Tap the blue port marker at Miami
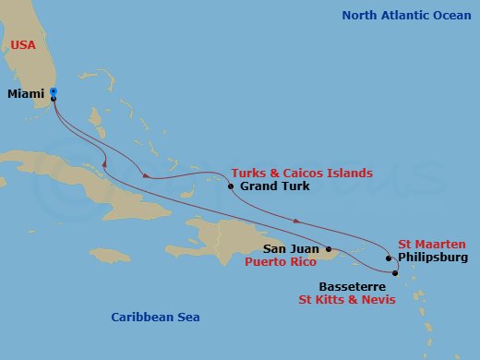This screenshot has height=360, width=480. coord(54,91)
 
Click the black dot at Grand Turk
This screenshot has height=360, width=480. coord(231,186)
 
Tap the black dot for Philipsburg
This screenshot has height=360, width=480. coord(389,258)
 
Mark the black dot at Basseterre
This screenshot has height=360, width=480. coord(395,273)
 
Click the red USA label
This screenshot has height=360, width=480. coord(24,44)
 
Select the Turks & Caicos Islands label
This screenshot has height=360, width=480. coord(302,173)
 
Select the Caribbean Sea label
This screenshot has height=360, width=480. coord(155,318)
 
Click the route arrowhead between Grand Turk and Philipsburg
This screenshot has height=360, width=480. coord(295,221)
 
